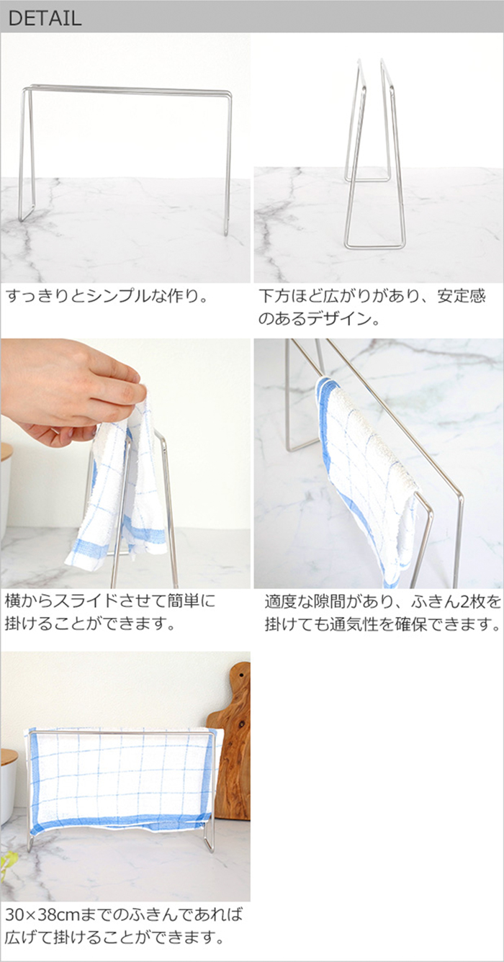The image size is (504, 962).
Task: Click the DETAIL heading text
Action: click(x=45, y=18)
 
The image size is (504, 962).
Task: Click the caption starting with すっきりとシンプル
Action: click(x=107, y=297)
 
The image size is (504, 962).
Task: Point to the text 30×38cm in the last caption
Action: click(x=42, y=914)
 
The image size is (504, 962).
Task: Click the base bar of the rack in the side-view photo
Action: click(x=375, y=246)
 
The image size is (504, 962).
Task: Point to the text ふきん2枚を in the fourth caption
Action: click(x=456, y=602)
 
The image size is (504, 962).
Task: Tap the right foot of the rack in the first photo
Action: click(x=226, y=228)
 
